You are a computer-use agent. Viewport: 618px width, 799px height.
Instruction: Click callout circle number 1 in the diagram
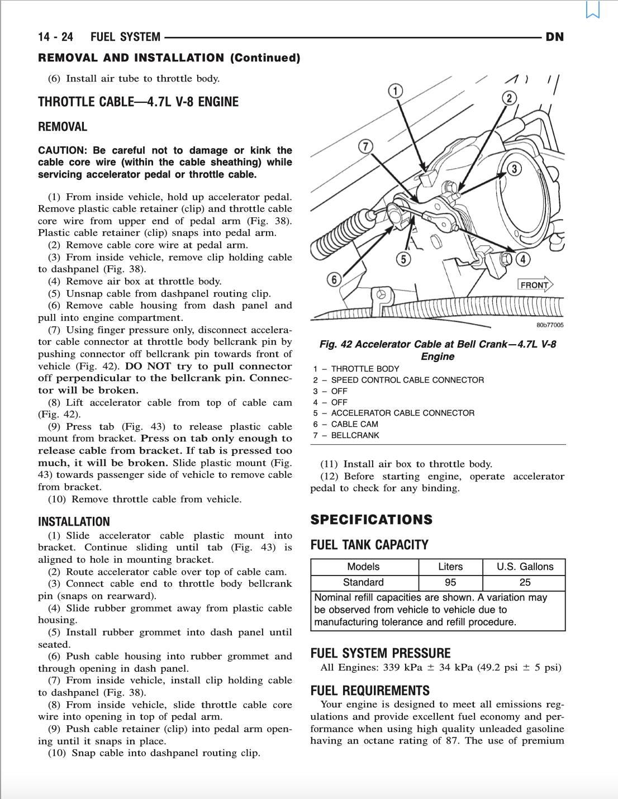(x=395, y=91)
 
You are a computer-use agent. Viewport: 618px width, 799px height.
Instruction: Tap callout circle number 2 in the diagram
(x=509, y=98)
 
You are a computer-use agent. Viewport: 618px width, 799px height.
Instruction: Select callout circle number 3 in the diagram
(x=514, y=169)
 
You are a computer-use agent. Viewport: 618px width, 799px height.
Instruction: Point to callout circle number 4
(x=522, y=259)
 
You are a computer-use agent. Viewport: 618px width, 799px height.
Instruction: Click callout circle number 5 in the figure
(x=403, y=259)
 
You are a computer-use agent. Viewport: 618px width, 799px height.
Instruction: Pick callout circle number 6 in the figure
(x=334, y=279)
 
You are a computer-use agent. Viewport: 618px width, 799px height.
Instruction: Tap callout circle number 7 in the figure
(x=365, y=146)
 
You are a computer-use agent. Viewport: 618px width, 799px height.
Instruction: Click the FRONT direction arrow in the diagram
(x=535, y=285)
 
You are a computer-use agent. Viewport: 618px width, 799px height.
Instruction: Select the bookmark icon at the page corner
(x=593, y=10)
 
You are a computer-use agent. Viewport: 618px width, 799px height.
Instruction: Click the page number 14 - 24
(x=55, y=37)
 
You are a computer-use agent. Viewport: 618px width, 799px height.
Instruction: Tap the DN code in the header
(x=554, y=37)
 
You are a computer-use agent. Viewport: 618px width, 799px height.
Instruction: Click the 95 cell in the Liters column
(x=450, y=582)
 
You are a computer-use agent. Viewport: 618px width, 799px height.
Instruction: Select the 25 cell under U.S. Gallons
(x=525, y=582)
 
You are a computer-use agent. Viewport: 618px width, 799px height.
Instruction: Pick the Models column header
(x=363, y=567)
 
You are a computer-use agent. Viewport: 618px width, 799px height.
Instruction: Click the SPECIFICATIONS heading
(x=371, y=520)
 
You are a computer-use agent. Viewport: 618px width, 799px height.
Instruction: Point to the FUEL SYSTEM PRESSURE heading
(x=380, y=653)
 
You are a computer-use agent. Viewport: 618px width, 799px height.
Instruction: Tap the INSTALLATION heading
(x=74, y=522)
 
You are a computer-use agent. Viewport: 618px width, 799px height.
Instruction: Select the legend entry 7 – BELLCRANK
(x=346, y=435)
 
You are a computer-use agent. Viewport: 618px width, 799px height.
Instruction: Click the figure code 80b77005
(x=550, y=325)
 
